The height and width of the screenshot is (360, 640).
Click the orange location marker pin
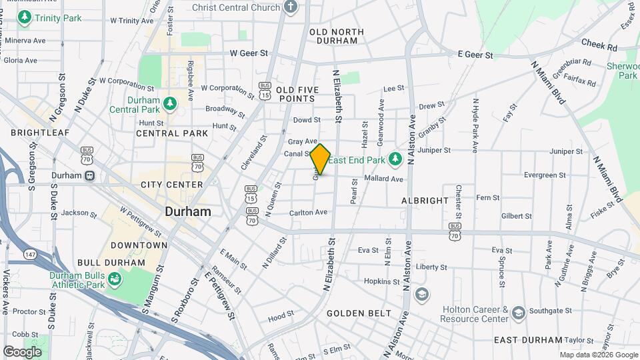321,159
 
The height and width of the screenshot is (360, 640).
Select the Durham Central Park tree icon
170,103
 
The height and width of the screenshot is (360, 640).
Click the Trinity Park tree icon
25,18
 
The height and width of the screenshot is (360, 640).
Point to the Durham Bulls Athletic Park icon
114,279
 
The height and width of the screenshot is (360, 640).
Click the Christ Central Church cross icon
290,7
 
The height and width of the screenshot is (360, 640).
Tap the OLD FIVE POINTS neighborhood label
295,94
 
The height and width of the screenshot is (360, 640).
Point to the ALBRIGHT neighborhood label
425,201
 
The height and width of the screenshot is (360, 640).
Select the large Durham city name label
188,211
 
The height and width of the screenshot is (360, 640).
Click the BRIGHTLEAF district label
40,133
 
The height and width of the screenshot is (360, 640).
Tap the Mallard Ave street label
384,179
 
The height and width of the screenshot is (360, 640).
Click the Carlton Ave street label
308,212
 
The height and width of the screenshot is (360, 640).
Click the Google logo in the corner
22,351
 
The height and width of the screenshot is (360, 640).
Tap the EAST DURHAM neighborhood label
529,339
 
